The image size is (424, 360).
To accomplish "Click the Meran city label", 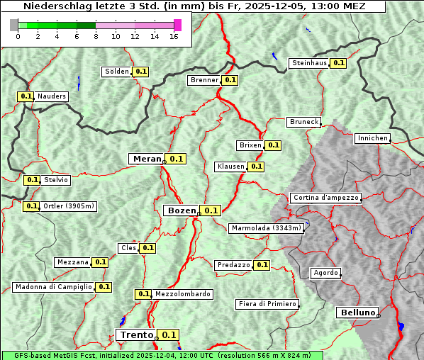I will tap(147, 159).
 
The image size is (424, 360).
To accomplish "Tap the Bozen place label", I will tap(180, 210).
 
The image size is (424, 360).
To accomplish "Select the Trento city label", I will tap(136, 335).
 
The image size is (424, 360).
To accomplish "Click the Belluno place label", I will tap(357, 312).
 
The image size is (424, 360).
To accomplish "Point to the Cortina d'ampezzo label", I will tap(325, 198).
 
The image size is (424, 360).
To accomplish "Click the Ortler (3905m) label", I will tap(69, 206).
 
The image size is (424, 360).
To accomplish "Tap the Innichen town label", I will tap(372, 138).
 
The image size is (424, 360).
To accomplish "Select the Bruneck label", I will tap(304, 122).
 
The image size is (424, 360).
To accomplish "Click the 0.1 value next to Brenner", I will tap(230, 80).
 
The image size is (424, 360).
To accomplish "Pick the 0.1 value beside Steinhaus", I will tap(338, 63).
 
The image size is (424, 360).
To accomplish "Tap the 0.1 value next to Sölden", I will tap(141, 72).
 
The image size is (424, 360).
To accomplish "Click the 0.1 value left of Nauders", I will tap(26, 96).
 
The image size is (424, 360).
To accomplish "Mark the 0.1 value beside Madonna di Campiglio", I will tap(104, 287).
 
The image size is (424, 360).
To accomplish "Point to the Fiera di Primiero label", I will tap(267, 304).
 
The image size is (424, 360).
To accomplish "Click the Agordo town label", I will tap(326, 273).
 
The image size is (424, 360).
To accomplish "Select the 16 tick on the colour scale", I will tap(174, 37).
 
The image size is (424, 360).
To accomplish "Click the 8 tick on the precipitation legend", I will tap(95, 37).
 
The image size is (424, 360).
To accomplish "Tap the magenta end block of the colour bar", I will tap(177, 25).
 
